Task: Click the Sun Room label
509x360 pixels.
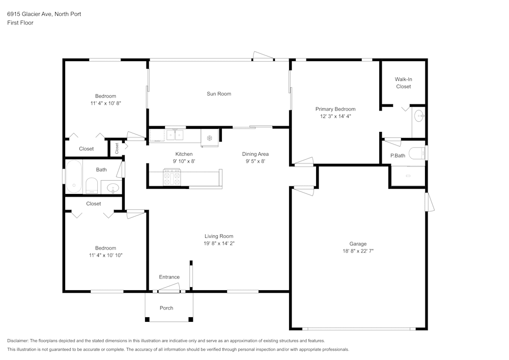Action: (219, 94)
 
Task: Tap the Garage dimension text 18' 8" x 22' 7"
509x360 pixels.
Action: (358, 251)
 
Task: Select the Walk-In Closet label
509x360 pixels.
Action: (404, 83)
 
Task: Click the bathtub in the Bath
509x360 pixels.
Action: (74, 177)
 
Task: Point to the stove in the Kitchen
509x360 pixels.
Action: (172, 177)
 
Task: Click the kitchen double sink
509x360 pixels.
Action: (175, 135)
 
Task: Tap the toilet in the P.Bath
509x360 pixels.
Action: (417, 153)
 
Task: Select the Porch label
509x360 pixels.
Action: (166, 308)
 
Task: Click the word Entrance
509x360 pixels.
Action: (169, 277)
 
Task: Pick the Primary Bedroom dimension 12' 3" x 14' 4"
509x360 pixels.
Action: (335, 116)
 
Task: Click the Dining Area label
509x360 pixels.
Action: (255, 154)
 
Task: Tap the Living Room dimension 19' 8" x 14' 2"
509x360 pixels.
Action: (219, 243)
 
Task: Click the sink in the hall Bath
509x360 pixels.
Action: (112, 187)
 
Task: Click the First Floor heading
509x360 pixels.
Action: (20, 23)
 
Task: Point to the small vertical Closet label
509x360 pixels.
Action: (117, 148)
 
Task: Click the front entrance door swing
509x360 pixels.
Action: (169, 288)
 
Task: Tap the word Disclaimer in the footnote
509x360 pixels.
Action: (17, 341)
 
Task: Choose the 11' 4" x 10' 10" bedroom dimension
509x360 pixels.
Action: (106, 255)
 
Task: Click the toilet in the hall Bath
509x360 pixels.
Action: (92, 186)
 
